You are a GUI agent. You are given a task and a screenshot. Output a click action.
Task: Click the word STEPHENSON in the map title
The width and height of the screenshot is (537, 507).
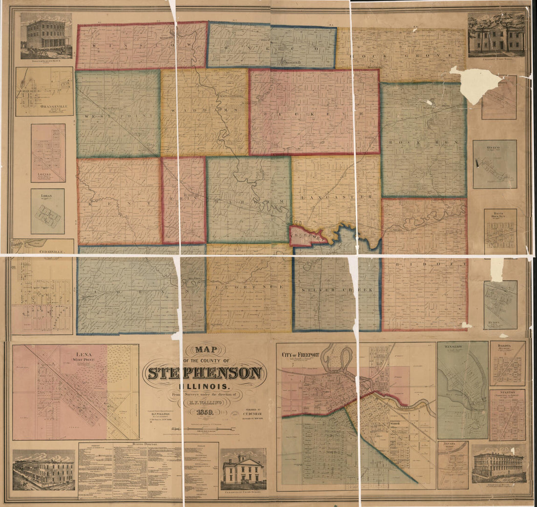pos(205,373)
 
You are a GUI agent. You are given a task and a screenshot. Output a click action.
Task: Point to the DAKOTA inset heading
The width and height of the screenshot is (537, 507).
pos(508,345)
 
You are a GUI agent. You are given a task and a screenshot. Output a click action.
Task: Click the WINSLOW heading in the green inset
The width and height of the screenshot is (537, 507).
pos(454,346)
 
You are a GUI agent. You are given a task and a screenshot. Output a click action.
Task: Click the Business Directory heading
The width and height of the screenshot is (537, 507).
pos(148,445)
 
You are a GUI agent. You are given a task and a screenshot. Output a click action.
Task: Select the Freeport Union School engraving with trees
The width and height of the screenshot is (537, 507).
pos(496,34)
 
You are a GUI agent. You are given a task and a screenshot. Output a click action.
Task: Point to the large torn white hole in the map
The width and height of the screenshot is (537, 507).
pos(470,84)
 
